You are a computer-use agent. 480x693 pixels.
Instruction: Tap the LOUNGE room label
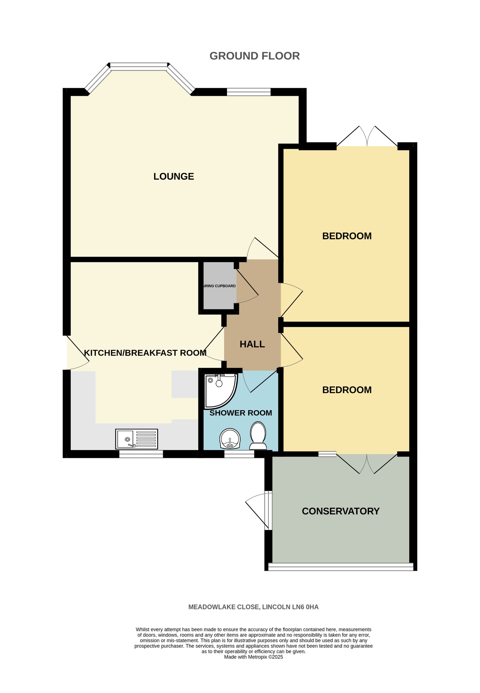click(x=174, y=176)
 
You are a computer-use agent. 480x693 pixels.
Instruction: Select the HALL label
click(x=252, y=344)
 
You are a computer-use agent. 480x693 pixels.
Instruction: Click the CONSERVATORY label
click(x=340, y=511)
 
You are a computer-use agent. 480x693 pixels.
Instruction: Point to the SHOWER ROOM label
click(x=241, y=413)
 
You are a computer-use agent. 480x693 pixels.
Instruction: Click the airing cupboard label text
click(x=220, y=286)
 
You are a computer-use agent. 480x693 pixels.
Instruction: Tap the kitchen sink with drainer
click(x=137, y=439)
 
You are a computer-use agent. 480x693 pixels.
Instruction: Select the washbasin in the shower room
click(x=230, y=438)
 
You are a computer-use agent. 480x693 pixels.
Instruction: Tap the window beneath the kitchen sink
click(x=141, y=454)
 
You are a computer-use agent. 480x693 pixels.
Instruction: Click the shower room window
click(x=239, y=454)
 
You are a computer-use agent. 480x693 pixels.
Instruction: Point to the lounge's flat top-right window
click(x=249, y=92)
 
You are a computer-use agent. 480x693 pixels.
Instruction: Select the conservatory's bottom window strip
click(x=340, y=567)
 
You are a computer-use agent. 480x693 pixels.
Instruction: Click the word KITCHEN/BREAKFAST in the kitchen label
click(x=130, y=353)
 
